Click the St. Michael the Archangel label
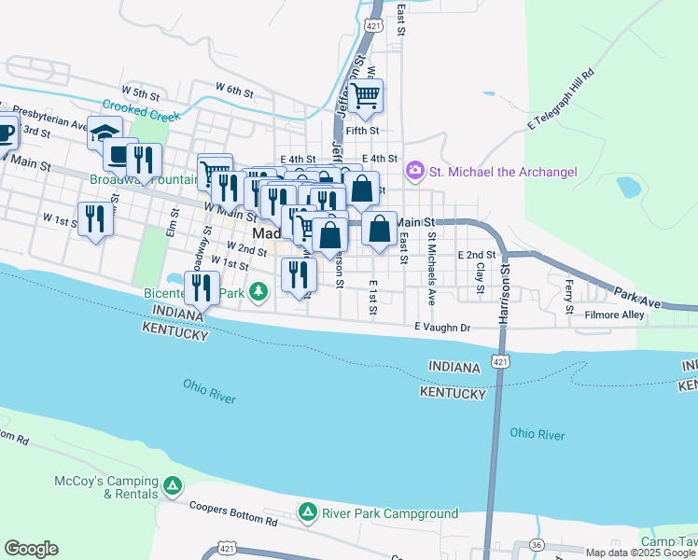pos(503,172)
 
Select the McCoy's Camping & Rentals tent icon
pos(172,485)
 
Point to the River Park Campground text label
pos(390,513)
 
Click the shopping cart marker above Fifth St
pos(365,96)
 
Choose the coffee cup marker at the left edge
pos(4,132)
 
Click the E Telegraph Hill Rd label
pos(561,98)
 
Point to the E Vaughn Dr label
pos(442,328)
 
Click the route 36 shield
pos(536,545)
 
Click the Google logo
pos(31,549)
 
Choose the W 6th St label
pos(234,89)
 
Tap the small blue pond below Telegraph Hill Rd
pos(628,188)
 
